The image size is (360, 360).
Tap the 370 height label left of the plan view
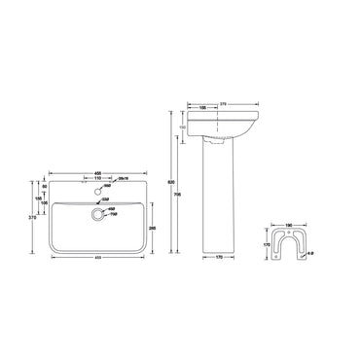coord(33,220)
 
